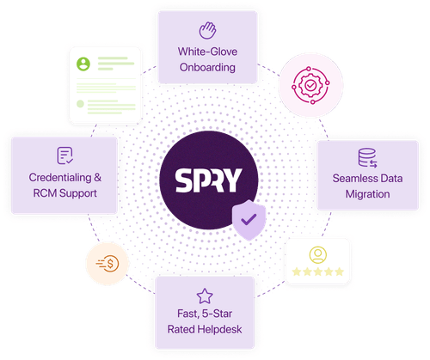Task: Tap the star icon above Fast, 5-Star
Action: click(205, 296)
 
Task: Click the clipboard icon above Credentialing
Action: click(64, 156)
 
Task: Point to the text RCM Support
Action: click(64, 194)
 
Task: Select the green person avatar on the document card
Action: click(83, 64)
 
